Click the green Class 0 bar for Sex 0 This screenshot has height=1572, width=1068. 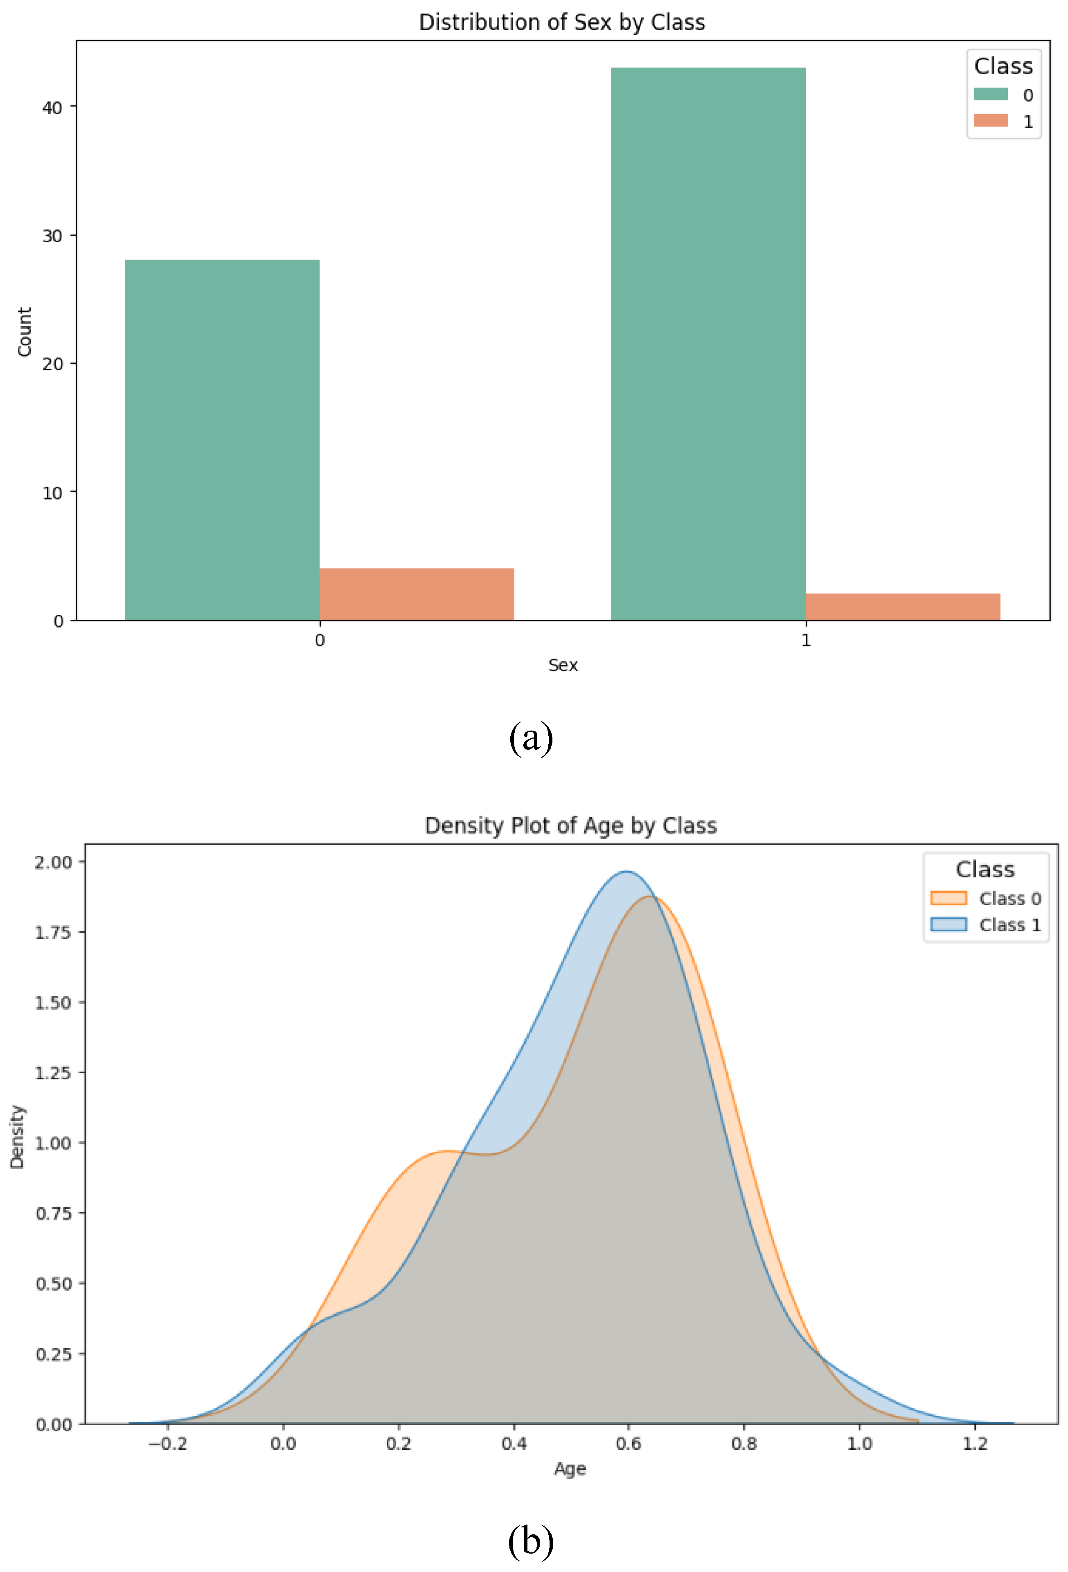[222, 440]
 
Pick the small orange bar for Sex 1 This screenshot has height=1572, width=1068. [902, 607]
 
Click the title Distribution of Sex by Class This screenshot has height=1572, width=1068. [562, 22]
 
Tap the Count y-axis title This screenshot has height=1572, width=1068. [25, 332]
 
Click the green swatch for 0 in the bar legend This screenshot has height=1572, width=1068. [990, 94]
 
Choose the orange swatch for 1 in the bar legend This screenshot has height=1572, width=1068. [990, 120]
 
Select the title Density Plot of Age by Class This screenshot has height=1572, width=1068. [570, 826]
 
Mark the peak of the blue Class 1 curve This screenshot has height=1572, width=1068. [627, 871]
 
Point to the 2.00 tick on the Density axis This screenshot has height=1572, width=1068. [53, 862]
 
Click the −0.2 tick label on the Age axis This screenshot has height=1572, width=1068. [167, 1444]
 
